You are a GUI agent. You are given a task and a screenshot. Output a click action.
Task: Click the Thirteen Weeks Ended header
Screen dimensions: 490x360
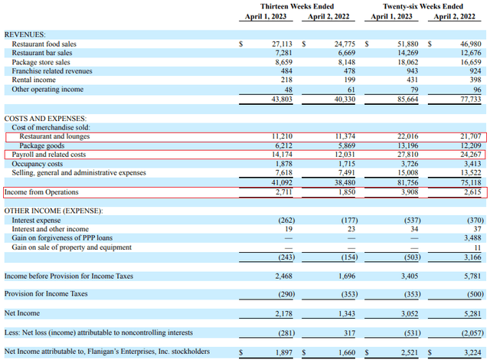[x=297, y=6]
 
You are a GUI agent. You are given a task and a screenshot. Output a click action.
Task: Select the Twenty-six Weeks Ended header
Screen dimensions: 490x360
[x=423, y=6]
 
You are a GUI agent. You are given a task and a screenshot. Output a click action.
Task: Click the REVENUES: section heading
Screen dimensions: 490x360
[x=24, y=34]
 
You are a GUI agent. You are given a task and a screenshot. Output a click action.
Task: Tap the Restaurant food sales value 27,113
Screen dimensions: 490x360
[x=282, y=44]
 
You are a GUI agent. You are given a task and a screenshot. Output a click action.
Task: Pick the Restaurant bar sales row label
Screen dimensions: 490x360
[x=42, y=53]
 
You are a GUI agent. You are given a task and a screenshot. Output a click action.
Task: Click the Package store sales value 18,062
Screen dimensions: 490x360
[x=407, y=62]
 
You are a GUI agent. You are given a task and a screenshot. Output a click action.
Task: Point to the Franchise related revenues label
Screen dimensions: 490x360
[x=52, y=71]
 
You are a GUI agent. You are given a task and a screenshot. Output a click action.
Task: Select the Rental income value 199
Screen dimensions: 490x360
[x=349, y=80]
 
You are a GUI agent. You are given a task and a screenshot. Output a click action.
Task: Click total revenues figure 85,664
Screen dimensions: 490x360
[x=407, y=99]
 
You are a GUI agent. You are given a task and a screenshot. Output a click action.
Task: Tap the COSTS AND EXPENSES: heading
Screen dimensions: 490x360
[x=45, y=119]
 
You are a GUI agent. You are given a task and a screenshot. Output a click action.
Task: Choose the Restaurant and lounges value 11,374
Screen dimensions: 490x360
[x=345, y=136]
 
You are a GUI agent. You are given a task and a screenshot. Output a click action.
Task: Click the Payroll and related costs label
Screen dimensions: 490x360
[x=49, y=155]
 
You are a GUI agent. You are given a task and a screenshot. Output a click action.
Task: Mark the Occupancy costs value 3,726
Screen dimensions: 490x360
[x=410, y=163]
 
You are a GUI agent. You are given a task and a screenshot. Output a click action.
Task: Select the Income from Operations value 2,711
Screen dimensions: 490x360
[x=284, y=192]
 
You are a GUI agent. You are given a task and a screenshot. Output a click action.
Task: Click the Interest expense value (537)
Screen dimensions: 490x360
[x=412, y=221]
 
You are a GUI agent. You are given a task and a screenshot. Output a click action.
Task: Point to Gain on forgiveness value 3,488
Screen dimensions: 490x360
[x=472, y=237]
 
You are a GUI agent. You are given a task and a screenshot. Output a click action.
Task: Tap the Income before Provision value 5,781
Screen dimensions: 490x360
[x=472, y=276]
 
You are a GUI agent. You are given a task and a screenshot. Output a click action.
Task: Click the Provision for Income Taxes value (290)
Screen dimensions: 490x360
[x=286, y=294]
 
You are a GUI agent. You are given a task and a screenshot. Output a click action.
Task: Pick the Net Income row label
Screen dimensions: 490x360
[x=22, y=313]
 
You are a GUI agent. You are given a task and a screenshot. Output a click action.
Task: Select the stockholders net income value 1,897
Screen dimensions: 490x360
[x=284, y=352]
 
